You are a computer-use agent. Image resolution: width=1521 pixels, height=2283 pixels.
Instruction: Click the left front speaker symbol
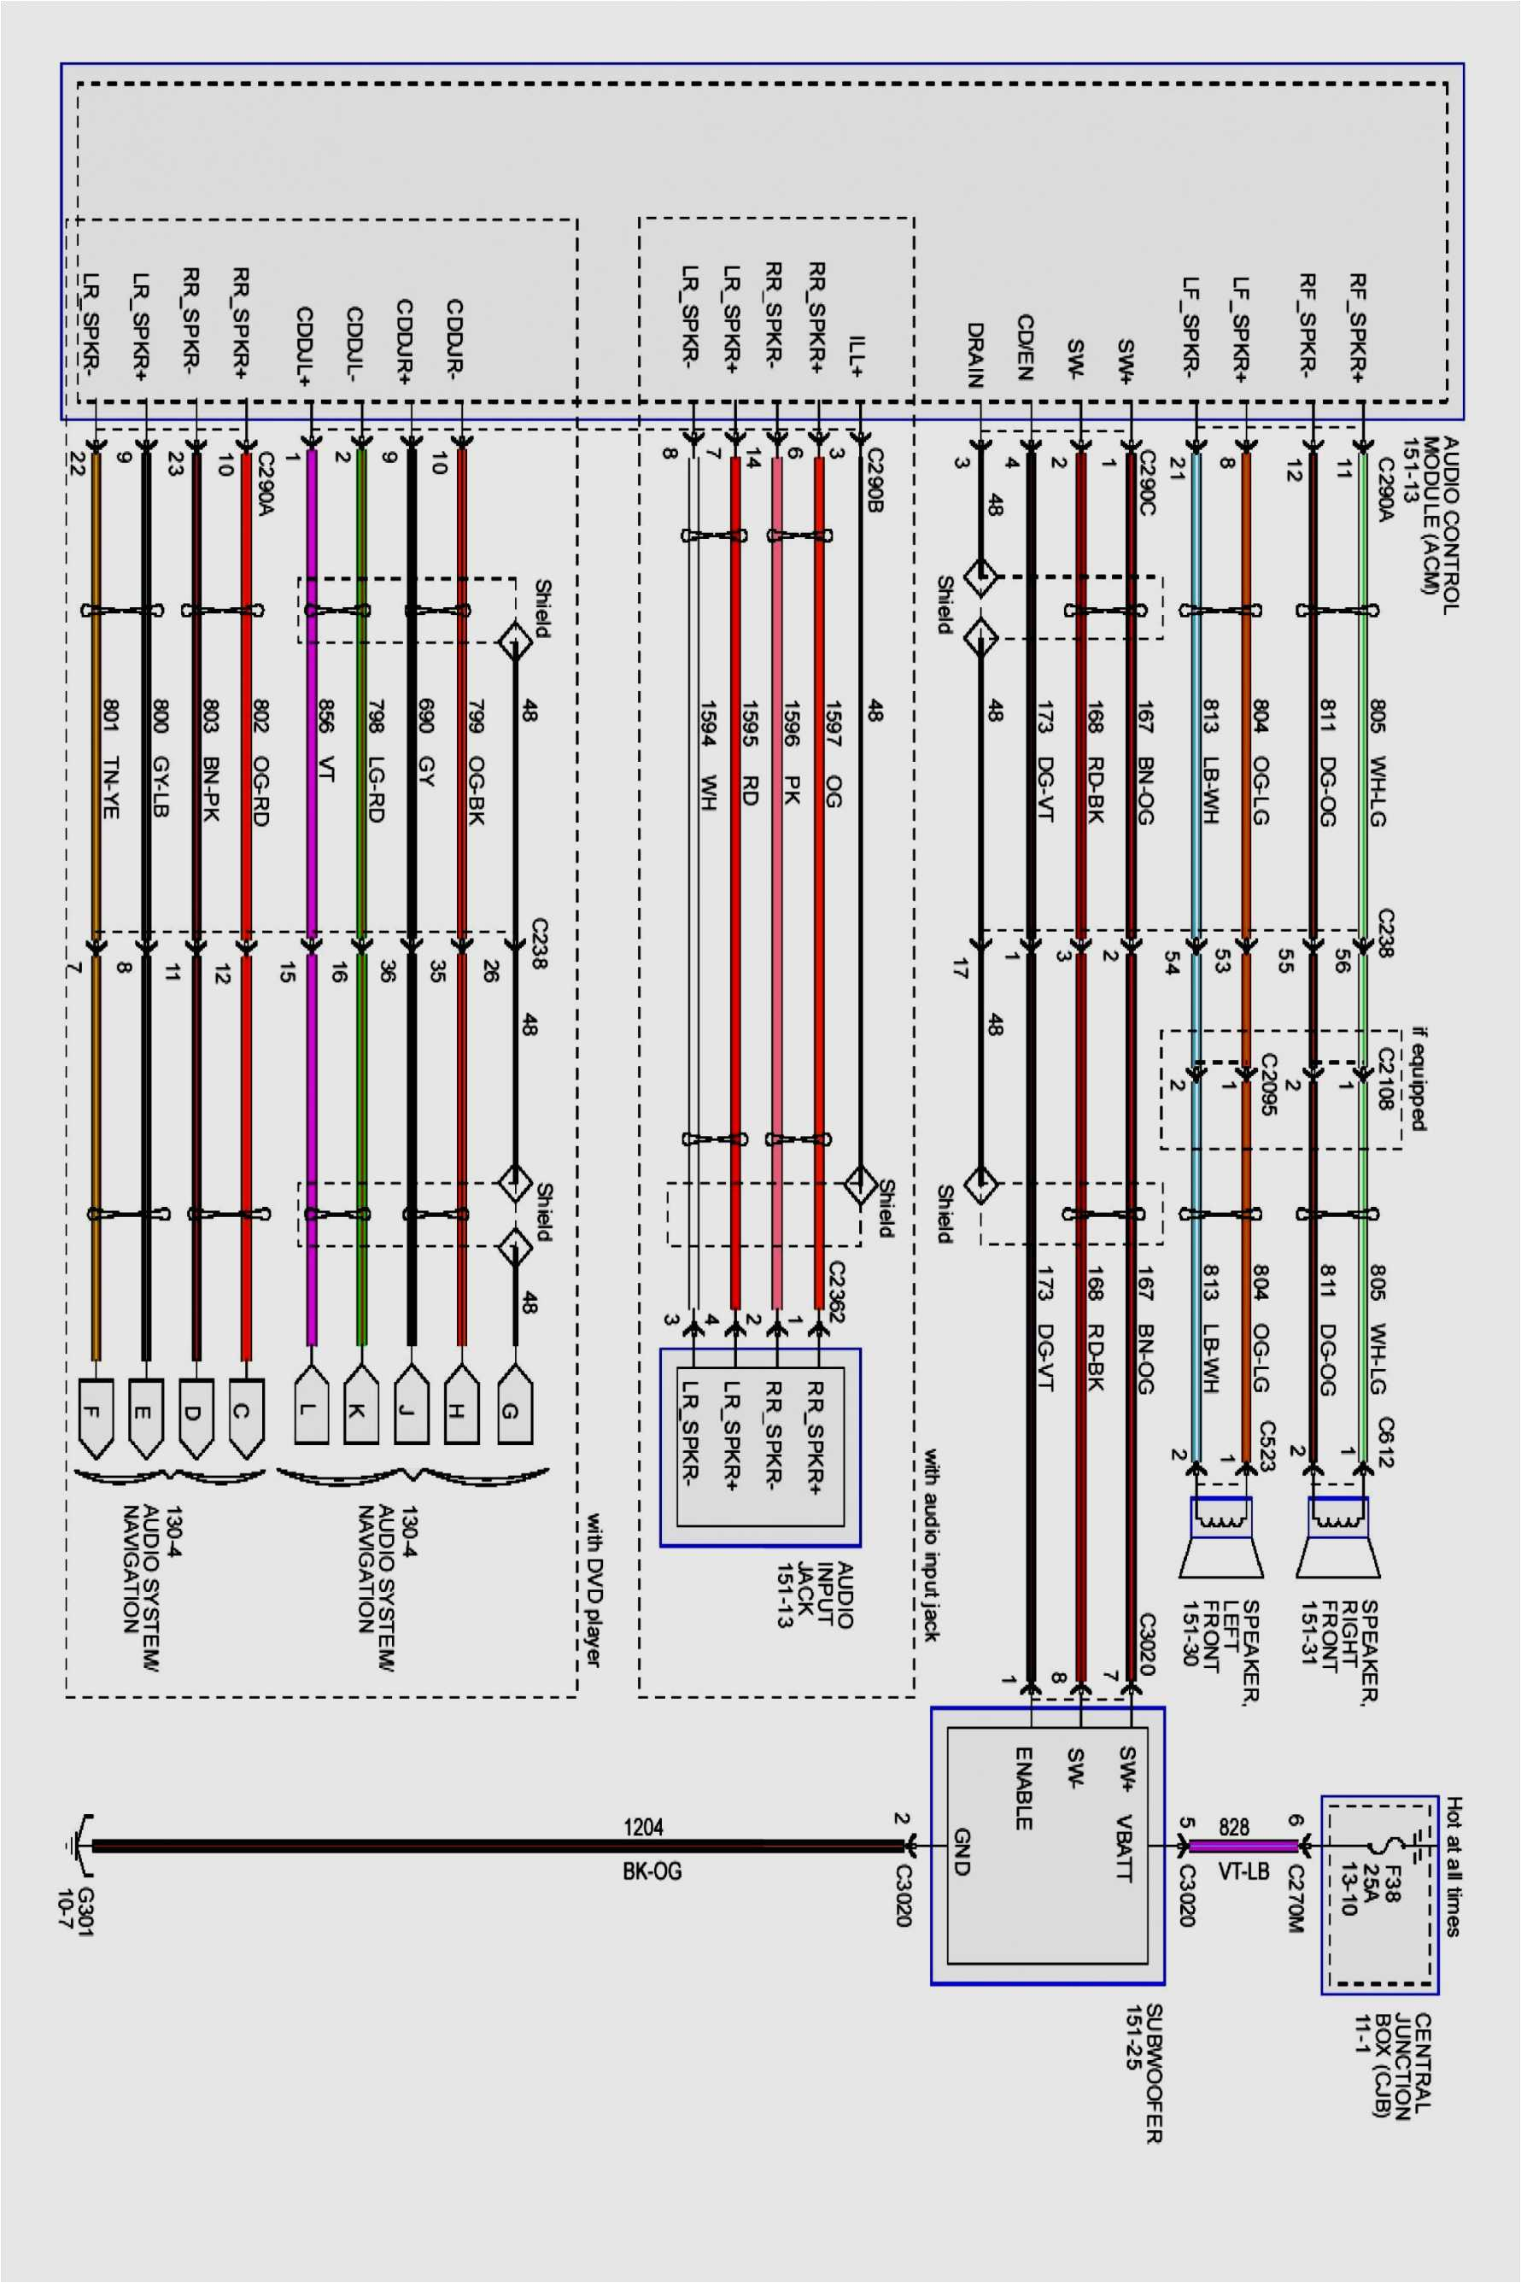(x=1220, y=1538)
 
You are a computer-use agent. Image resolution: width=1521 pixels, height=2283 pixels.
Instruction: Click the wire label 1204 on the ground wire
(x=643, y=1827)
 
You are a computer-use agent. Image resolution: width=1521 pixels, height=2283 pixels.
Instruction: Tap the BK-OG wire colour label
(x=652, y=1870)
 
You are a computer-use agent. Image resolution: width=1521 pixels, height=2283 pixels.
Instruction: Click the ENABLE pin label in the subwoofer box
(x=1023, y=1788)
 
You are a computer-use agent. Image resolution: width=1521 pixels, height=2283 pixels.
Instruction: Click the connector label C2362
(x=836, y=1291)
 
